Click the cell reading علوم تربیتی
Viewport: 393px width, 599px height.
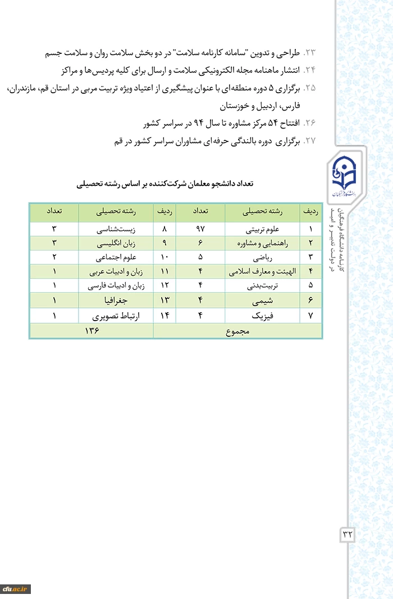coord(262,229)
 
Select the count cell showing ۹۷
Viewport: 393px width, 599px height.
coord(200,229)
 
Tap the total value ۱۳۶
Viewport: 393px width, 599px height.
coord(92,331)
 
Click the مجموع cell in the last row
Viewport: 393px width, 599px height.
coord(237,331)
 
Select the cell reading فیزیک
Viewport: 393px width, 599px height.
coord(262,316)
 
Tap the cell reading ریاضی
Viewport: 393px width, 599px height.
coord(262,258)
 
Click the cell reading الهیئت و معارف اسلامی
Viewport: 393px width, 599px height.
coord(262,272)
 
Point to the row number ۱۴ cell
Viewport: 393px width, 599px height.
coord(164,316)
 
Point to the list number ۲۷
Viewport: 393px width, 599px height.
coord(310,141)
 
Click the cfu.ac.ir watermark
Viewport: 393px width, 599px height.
coord(15,589)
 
